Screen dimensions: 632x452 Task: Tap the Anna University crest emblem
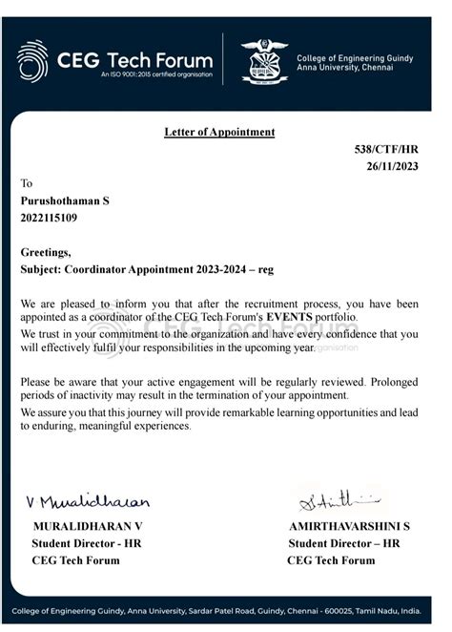263,59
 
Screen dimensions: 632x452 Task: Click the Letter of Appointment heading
218,132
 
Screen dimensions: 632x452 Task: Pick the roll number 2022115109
50,218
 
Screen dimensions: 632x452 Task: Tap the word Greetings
46,253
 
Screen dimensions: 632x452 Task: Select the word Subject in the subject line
40,269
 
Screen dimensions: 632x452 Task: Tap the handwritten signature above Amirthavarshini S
339,497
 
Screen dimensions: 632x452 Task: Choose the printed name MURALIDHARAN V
88,526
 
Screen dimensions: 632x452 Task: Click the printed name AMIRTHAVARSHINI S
349,526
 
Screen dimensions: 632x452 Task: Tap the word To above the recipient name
27,183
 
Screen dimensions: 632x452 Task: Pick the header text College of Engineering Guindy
355,58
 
